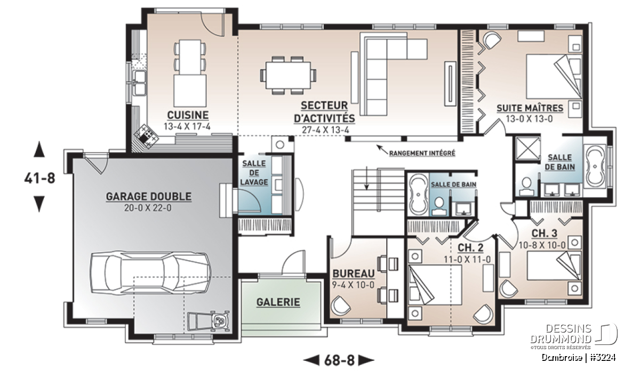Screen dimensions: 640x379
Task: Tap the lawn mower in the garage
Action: [209, 321]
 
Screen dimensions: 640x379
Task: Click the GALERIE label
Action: [278, 302]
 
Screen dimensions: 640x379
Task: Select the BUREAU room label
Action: [354, 273]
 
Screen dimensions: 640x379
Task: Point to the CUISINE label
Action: [188, 115]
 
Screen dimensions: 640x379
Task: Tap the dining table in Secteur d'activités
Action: [288, 75]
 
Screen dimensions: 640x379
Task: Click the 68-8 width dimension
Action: [339, 360]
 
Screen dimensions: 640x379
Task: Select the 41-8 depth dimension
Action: [39, 178]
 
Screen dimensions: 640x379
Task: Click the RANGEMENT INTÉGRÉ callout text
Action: [422, 154]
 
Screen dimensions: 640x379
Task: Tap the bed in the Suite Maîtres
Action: [554, 77]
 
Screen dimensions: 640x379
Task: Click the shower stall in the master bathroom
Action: [528, 149]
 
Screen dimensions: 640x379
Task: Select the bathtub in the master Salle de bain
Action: [595, 166]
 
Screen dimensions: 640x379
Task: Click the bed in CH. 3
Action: [554, 265]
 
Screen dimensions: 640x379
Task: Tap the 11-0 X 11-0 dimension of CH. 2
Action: [467, 260]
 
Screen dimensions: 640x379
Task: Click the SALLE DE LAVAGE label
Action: [254, 173]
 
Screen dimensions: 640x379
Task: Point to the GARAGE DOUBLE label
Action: [149, 197]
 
